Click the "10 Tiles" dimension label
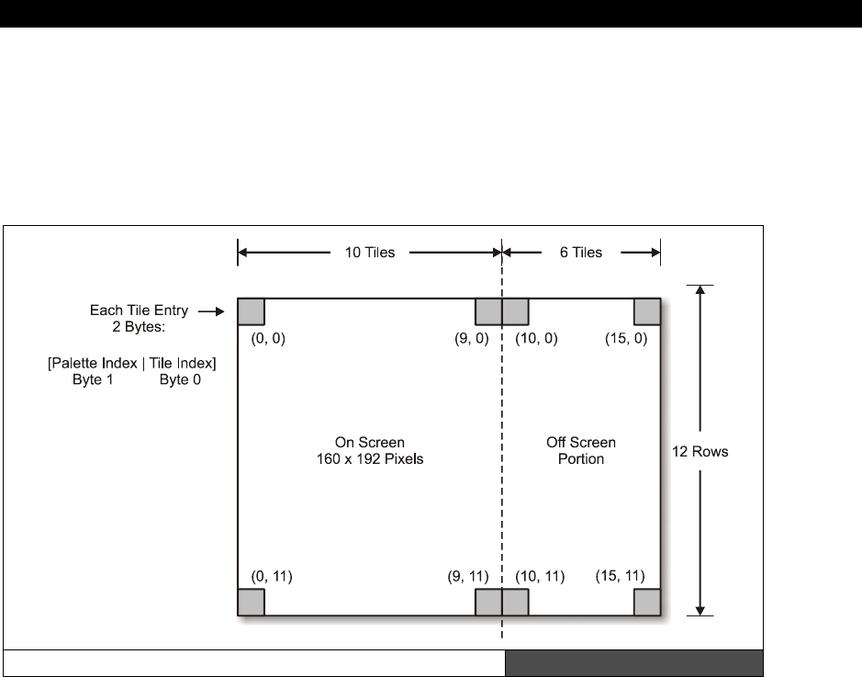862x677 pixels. (x=369, y=253)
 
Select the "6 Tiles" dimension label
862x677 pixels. (x=580, y=253)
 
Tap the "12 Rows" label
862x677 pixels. (x=700, y=452)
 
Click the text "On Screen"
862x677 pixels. (x=369, y=442)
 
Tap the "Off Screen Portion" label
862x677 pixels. (x=580, y=450)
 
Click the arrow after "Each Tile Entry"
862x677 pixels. (x=212, y=311)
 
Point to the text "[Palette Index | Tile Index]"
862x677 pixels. (x=132, y=363)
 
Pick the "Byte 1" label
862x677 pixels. (x=93, y=379)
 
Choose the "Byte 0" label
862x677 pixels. (x=180, y=379)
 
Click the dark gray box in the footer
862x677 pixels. (x=633, y=663)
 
